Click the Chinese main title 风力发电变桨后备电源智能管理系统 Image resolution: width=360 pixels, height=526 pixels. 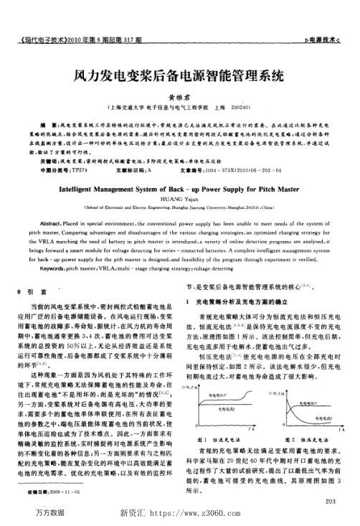point(180,74)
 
